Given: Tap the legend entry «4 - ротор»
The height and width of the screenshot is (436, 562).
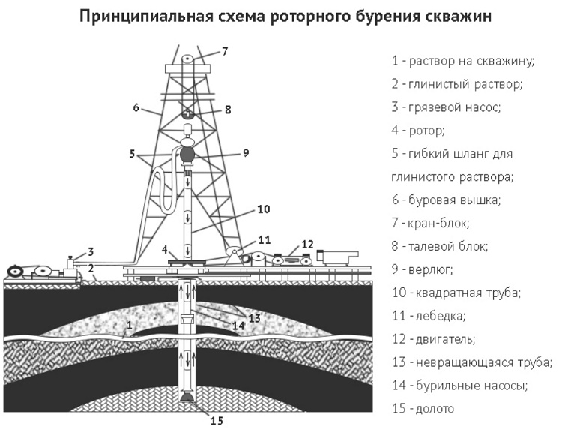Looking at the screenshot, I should tap(418, 130).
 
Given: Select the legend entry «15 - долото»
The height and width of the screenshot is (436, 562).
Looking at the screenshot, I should tap(423, 409).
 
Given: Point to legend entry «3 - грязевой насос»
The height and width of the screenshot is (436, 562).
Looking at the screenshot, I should tap(446, 107).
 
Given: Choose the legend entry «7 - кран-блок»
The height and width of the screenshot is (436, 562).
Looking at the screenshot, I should tap(430, 223).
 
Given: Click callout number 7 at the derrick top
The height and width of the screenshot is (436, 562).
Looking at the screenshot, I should tap(224, 51).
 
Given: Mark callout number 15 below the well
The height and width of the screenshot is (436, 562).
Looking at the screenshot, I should tap(217, 421).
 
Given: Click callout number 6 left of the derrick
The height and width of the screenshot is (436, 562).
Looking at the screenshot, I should tap(136, 107).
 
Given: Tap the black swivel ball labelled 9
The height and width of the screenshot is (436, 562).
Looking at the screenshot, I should tap(187, 154).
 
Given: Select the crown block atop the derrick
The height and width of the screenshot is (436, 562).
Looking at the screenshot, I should tap(187, 59).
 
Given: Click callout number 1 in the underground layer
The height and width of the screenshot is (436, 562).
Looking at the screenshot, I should tap(130, 325).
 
